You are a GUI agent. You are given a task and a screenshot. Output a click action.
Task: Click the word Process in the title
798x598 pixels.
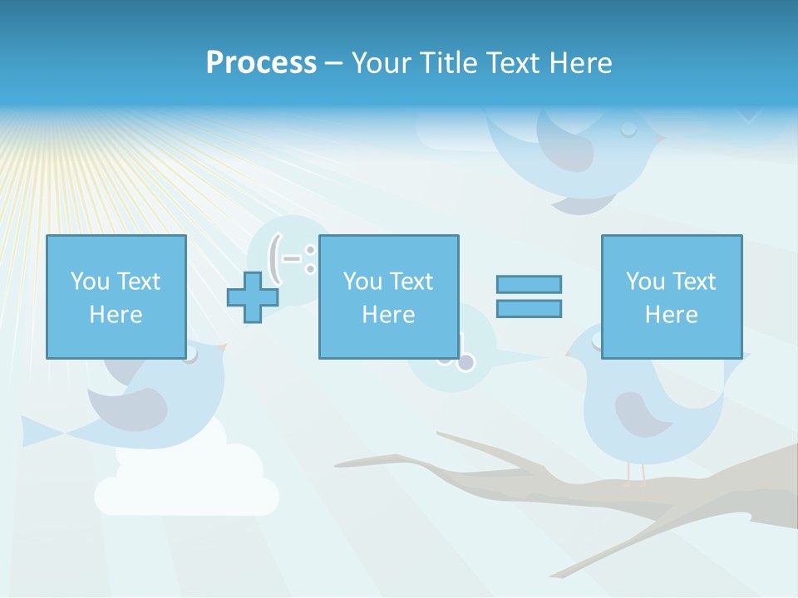pyautogui.click(x=261, y=62)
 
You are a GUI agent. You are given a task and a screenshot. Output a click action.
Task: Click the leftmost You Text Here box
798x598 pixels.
pyautogui.click(x=116, y=297)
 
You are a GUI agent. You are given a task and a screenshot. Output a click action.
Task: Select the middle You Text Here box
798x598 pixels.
pyautogui.click(x=388, y=297)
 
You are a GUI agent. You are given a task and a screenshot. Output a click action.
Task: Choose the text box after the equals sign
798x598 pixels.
pyautogui.click(x=671, y=297)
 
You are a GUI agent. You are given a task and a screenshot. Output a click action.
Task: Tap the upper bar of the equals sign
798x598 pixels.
pyautogui.click(x=529, y=284)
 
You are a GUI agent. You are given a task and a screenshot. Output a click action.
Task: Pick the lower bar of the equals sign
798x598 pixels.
pyautogui.click(x=529, y=308)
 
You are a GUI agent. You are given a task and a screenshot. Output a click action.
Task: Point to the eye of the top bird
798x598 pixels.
pyautogui.click(x=628, y=128)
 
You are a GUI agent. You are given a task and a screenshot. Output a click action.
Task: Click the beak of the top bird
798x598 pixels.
pyautogui.click(x=658, y=138)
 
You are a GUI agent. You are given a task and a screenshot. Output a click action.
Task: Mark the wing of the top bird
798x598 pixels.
pyautogui.click(x=565, y=141)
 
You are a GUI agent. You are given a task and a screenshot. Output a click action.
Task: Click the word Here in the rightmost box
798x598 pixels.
pyautogui.click(x=671, y=315)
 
